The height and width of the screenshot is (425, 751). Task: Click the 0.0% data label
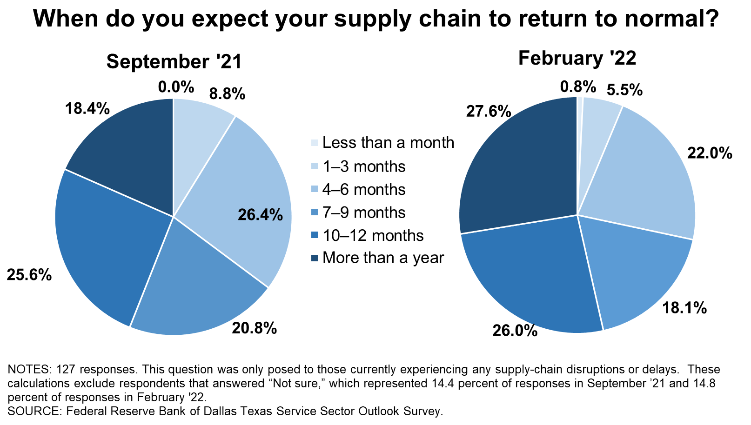[176, 87]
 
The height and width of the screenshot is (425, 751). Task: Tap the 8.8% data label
[228, 94]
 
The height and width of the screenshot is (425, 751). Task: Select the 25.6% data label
[29, 275]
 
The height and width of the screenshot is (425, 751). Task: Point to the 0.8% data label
[578, 87]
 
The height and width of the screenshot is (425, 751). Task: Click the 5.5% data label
[625, 90]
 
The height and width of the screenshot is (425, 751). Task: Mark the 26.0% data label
[515, 331]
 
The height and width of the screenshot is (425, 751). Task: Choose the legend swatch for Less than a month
[314, 143]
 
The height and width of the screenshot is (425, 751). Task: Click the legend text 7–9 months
[364, 212]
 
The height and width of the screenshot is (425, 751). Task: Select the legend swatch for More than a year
[314, 258]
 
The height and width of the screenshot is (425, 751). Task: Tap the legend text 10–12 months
[373, 235]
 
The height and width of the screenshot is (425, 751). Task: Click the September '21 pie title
[174, 62]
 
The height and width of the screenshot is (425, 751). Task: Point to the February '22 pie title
[577, 58]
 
